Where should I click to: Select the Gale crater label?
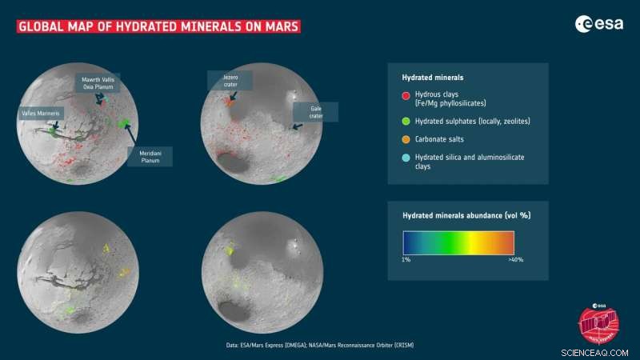click(x=315, y=111)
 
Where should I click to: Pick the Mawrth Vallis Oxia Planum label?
click(x=98, y=83)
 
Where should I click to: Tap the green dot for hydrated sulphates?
click(x=406, y=121)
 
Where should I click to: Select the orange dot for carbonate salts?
click(x=406, y=139)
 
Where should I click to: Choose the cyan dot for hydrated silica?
click(x=406, y=158)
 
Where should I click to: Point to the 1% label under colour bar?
click(x=405, y=260)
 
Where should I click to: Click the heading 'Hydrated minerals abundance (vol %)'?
click(x=466, y=214)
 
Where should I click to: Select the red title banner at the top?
click(x=158, y=27)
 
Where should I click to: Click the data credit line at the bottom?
click(x=320, y=345)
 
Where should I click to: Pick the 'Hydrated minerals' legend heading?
click(x=433, y=78)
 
